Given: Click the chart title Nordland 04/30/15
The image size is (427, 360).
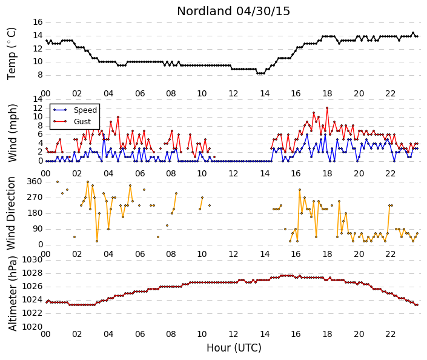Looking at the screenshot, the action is (x=233, y=12).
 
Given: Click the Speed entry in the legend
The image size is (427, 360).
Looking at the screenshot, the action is (x=85, y=110).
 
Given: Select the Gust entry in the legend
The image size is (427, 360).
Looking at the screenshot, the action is (x=82, y=122).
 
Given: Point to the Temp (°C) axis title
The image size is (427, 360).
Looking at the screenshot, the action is (x=12, y=54).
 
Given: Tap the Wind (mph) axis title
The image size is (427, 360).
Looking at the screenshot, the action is (x=12, y=133).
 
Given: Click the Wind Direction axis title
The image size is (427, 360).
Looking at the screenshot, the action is (x=11, y=213).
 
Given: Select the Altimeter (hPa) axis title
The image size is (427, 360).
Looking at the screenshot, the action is (x=13, y=293).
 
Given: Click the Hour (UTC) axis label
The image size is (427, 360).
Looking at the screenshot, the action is (x=234, y=348).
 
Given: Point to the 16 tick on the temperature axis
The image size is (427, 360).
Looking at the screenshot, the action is (x=38, y=22).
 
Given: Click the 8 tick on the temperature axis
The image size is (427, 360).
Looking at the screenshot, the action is (x=41, y=75).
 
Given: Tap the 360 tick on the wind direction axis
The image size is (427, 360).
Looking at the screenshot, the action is (x=35, y=181).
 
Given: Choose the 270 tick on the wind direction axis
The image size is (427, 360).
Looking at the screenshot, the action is (x=35, y=198).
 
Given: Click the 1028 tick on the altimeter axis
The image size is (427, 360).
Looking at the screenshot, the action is (x=33, y=273).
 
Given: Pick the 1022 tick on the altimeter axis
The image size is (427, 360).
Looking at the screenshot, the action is (x=33, y=313).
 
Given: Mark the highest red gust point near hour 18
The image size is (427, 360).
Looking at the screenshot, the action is (x=327, y=108).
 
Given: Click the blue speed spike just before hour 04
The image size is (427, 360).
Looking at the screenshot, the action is (x=104, y=135).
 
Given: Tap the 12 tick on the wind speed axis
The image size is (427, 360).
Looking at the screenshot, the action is (x=38, y=108).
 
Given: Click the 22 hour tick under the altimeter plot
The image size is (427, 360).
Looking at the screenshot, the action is (x=390, y=334).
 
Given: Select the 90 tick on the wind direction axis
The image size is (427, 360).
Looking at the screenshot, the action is (x=38, y=229).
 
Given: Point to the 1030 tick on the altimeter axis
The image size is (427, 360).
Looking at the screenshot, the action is (x=33, y=260).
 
